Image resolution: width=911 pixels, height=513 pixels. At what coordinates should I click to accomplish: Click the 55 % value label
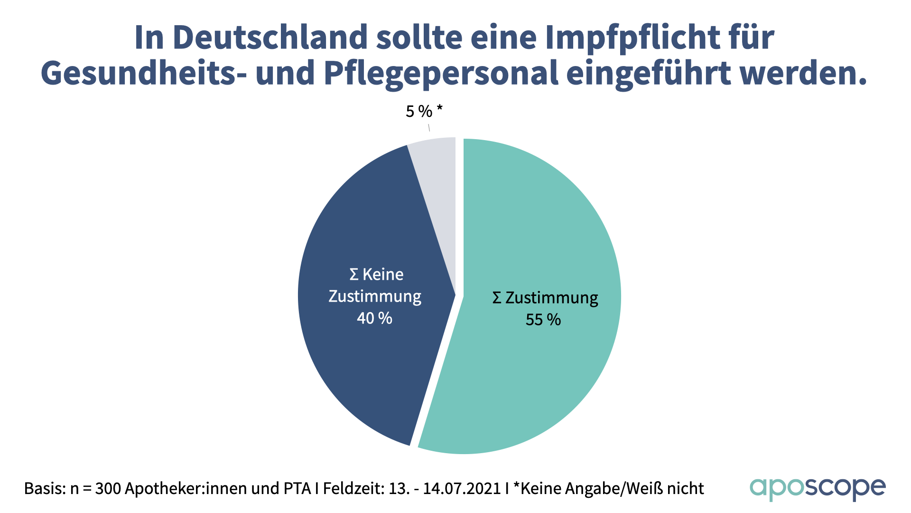point(543,320)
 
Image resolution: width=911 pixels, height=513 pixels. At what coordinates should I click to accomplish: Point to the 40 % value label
point(374,318)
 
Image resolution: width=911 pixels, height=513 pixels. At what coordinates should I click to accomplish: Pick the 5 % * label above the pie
point(424,111)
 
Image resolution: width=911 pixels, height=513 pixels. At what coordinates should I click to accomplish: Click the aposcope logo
point(817,488)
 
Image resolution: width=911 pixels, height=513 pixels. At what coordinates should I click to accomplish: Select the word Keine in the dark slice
point(382,275)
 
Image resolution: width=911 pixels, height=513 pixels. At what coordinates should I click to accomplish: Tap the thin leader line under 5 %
point(429,127)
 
